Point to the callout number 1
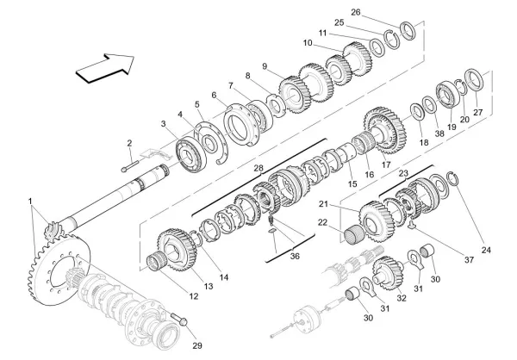click(x=32, y=205)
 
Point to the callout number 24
click(x=486, y=251)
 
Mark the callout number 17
click(x=384, y=164)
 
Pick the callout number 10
click(x=308, y=42)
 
